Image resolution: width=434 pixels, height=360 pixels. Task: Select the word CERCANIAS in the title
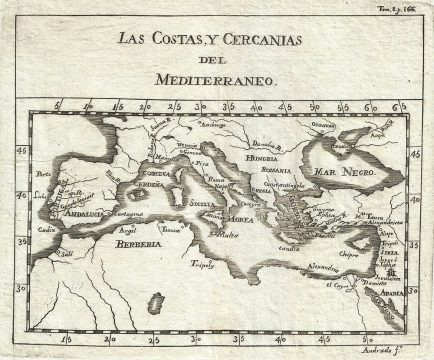[x=280, y=39]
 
